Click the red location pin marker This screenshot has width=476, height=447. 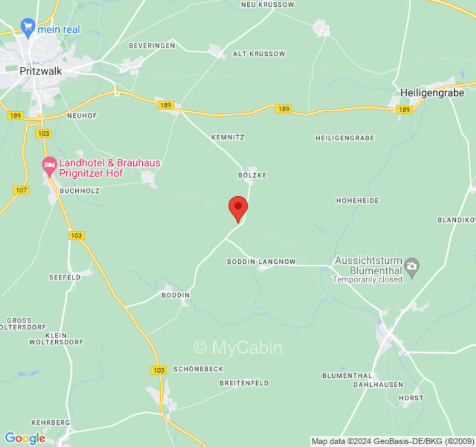(238, 208)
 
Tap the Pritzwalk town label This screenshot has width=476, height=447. (41, 72)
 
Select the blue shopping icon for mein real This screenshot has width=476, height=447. (27, 26)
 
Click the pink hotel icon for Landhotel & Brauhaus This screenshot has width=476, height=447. (50, 165)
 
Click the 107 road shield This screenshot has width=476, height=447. (21, 190)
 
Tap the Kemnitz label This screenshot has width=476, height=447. (228, 137)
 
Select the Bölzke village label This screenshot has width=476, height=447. (252, 175)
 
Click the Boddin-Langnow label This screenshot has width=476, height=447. (261, 261)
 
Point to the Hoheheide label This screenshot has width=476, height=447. (357, 200)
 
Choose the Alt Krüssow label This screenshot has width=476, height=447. (258, 54)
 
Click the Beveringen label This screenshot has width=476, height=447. (152, 45)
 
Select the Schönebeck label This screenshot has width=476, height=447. (198, 369)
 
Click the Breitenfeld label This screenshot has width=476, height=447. (244, 383)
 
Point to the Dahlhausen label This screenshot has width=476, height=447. (378, 384)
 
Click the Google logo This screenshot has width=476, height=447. (25, 438)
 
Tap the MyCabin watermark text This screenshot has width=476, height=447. (238, 348)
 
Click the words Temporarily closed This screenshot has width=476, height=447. (367, 279)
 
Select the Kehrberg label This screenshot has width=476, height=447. (50, 422)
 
